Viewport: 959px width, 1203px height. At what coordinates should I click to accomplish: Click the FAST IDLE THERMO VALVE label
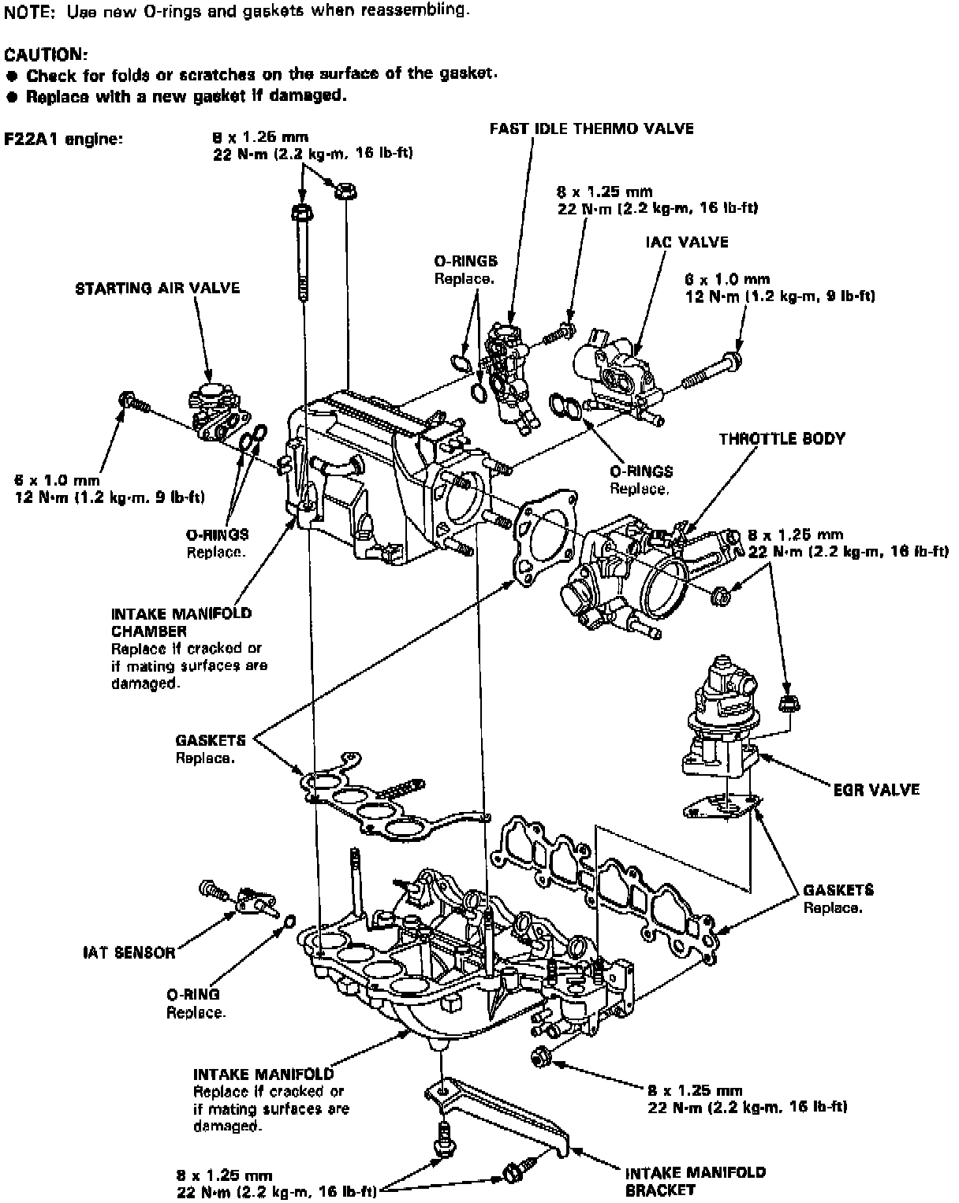(591, 128)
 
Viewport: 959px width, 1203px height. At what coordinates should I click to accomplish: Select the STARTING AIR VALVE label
(157, 289)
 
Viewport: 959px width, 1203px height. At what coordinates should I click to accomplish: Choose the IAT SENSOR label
(129, 952)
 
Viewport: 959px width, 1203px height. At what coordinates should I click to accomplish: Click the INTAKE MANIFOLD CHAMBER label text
(181, 622)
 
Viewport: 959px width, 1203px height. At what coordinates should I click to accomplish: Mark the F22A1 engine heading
(62, 139)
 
